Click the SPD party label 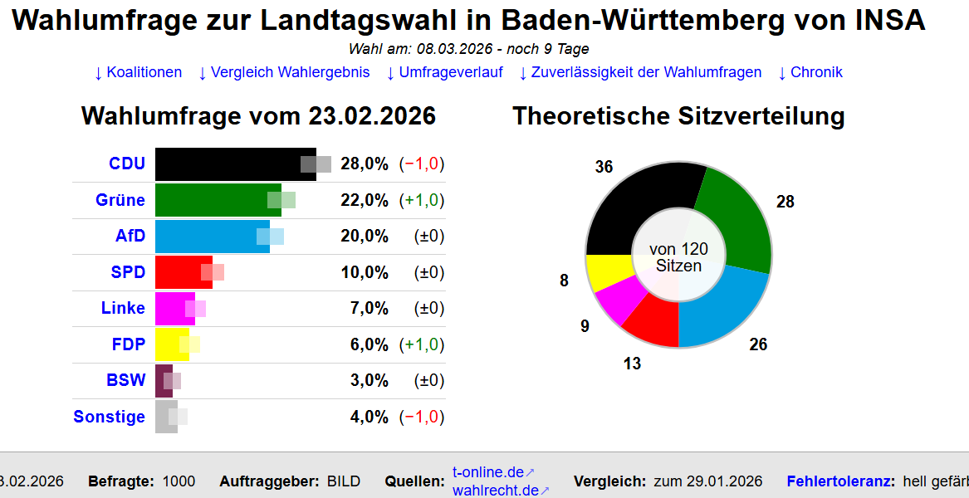pyautogui.click(x=128, y=272)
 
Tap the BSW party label pyautogui.click(x=126, y=380)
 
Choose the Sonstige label pyautogui.click(x=109, y=417)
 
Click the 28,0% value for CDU pyautogui.click(x=365, y=164)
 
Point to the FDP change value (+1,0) pyautogui.click(x=422, y=344)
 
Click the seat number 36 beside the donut pyautogui.click(x=604, y=167)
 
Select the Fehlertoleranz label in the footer pyautogui.click(x=840, y=481)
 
